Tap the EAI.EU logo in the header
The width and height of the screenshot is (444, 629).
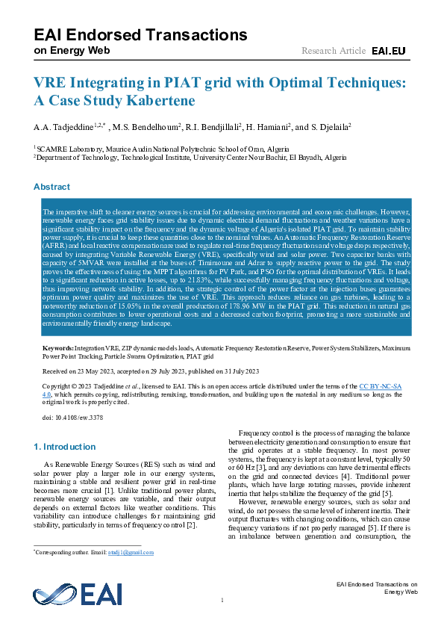[x=390, y=51]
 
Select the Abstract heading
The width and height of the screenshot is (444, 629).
[x=51, y=187]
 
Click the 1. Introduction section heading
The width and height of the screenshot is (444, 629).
[x=65, y=447]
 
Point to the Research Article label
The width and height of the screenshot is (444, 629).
[x=333, y=51]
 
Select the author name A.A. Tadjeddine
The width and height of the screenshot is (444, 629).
[x=60, y=127]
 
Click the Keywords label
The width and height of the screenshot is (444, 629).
[x=57, y=349]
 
